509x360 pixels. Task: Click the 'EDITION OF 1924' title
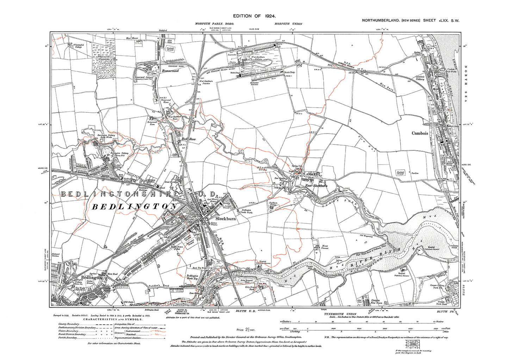254,16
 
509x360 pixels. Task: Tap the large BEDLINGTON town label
134,207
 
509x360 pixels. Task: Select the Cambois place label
420,134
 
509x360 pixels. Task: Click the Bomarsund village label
170,71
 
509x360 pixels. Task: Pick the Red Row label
188,139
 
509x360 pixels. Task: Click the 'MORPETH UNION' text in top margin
288,24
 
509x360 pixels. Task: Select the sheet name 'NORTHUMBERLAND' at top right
380,20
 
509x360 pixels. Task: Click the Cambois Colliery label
420,78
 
